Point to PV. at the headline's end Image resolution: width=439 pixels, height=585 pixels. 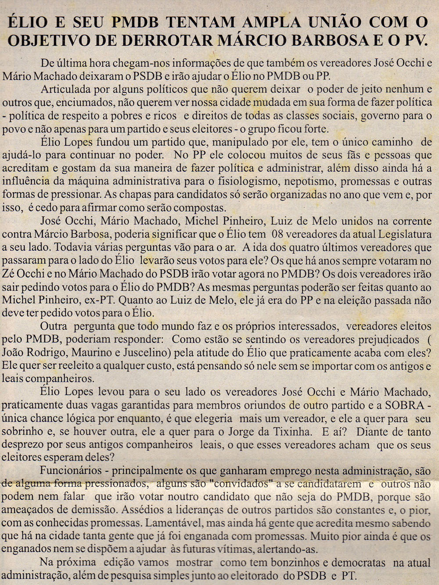click(x=414, y=40)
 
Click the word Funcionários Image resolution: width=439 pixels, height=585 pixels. click(x=71, y=471)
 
